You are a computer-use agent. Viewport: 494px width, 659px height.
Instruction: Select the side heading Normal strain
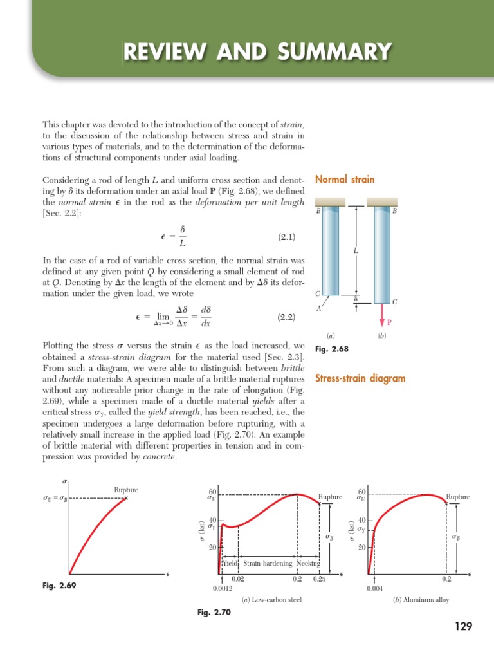pos(345,180)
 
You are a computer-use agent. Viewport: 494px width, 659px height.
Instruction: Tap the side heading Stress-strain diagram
pos(360,378)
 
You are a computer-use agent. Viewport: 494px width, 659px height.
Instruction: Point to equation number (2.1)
pos(286,237)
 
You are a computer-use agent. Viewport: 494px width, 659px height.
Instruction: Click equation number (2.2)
pos(286,317)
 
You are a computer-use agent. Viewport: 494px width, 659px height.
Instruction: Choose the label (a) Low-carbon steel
pos(271,600)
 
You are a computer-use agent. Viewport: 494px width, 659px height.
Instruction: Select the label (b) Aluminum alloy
pos(421,600)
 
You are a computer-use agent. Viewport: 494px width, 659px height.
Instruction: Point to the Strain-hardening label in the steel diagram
pos(268,563)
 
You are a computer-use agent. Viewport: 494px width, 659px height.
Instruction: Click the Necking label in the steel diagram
pos(308,563)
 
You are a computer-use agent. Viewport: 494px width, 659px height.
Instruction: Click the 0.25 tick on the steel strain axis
pos(319,579)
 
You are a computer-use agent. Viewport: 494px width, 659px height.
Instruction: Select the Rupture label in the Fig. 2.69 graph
pos(126,490)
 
